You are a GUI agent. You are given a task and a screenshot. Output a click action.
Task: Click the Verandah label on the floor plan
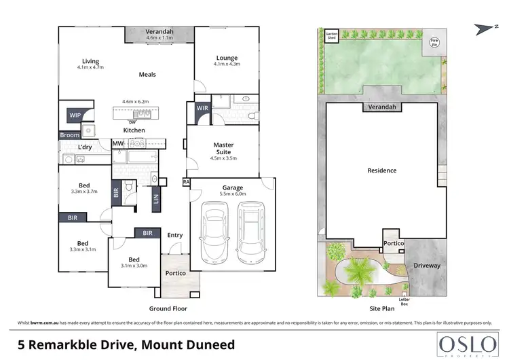coord(160,31)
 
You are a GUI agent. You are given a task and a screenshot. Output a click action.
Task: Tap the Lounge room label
coord(227,58)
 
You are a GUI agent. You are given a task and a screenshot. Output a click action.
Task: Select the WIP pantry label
coord(74,115)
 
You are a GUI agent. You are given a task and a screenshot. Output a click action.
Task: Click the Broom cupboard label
coord(70,136)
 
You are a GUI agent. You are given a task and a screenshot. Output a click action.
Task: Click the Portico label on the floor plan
coord(175,273)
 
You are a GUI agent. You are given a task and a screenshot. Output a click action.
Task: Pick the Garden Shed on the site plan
coord(331,35)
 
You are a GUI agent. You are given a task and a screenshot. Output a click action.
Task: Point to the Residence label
coord(382,170)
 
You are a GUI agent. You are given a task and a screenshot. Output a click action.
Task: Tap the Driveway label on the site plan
coord(427,266)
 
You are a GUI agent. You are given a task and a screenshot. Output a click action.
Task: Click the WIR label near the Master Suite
coord(202,109)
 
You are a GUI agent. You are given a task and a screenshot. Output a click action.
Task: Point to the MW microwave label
coord(117,143)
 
